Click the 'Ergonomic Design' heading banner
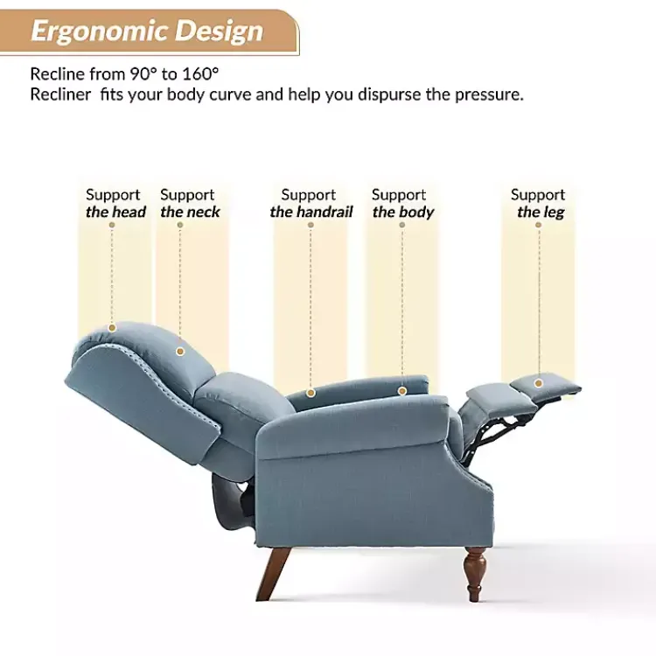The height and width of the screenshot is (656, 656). point(147,31)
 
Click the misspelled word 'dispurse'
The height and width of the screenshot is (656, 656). point(388,94)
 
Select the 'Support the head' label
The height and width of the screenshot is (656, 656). point(115,203)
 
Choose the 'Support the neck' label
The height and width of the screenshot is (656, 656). point(189,203)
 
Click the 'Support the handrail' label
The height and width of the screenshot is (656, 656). point(311,203)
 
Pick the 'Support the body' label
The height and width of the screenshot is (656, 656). point(401,203)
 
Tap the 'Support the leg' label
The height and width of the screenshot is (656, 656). point(539,203)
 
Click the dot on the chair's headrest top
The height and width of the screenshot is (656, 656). point(112,328)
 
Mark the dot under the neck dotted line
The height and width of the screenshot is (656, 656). point(180,352)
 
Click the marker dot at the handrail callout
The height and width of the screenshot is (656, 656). point(311,393)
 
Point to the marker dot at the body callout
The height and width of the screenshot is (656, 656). point(402,391)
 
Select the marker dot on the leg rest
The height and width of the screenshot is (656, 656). point(540,381)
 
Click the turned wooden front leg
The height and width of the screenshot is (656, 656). point(476,573)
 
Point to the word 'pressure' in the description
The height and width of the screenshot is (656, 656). point(489,94)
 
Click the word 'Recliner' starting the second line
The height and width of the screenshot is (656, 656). point(60,94)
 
